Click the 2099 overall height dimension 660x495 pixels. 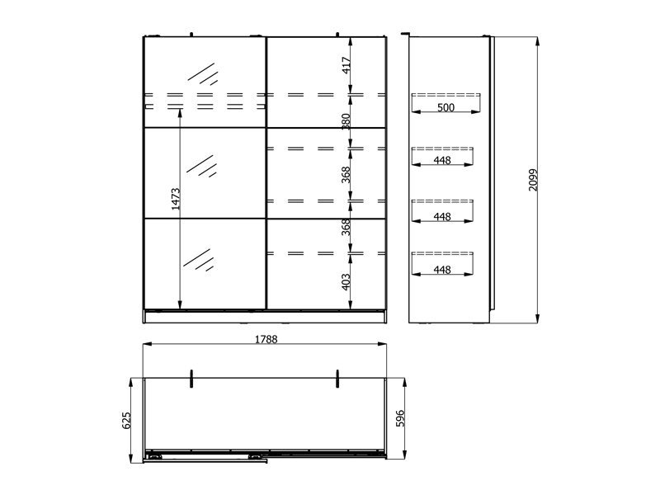pos(533,180)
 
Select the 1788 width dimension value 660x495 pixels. pos(266,339)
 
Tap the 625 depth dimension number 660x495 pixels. pos(126,420)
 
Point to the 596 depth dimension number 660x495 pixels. pos(400,418)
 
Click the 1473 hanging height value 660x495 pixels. pos(176,199)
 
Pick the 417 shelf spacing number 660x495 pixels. pos(346,65)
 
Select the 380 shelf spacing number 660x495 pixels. pos(346,121)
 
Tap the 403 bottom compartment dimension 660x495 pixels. pos(346,281)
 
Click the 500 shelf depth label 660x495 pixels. pos(445,107)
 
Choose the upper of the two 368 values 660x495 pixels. pos(346,175)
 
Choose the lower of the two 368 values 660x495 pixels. pos(346,227)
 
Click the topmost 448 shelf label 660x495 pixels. pos(442,160)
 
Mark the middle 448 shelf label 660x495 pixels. pos(442,216)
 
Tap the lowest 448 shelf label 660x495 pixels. pos(442,270)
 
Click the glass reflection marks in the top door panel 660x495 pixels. pos(203,74)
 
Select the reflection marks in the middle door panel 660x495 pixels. pos(201,166)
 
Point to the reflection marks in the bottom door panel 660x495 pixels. pos(199,260)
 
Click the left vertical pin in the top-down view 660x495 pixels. pos(191,379)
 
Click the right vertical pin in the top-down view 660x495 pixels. pos(337,379)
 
